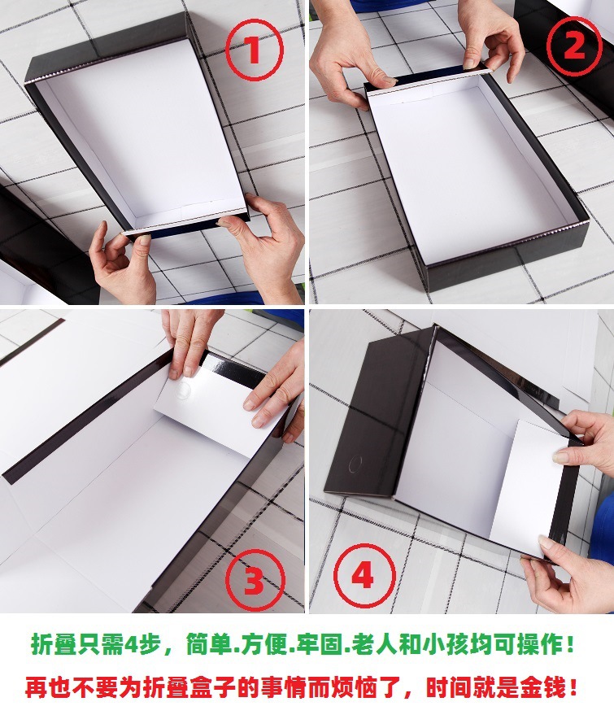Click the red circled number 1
point(254,50)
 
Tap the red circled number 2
point(573,46)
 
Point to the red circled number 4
point(364,576)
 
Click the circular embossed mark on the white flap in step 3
point(183,390)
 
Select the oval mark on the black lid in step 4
point(355,464)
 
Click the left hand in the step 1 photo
point(122,262)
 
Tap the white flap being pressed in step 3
point(209,408)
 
